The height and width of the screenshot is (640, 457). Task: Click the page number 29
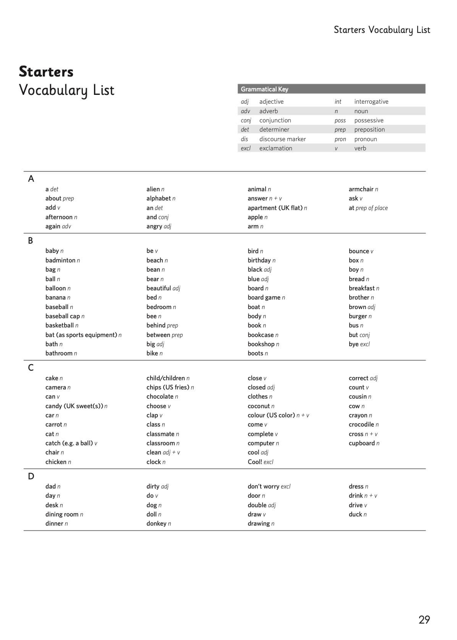[424, 620]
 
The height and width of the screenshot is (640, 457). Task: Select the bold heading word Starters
[46, 72]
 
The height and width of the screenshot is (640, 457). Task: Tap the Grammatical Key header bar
[331, 89]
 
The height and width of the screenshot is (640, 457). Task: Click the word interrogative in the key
[371, 101]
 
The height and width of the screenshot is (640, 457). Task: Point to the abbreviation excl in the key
[245, 148]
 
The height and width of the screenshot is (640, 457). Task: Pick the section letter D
[31, 476]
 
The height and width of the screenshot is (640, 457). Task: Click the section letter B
[31, 241]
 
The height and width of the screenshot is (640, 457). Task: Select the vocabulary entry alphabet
[159, 198]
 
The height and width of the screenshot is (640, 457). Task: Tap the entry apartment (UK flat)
[275, 208]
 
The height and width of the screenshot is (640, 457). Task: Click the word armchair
[361, 189]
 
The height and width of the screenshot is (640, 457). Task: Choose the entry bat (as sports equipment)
[81, 335]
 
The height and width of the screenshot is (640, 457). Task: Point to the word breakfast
[361, 288]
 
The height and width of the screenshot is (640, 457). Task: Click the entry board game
[264, 297]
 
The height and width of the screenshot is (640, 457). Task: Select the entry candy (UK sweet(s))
[74, 406]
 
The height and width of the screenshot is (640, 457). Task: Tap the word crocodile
[361, 424]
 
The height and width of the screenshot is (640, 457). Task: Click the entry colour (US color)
[271, 415]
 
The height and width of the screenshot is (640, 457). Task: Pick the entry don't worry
[263, 486]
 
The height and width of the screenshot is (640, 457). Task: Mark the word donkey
[156, 523]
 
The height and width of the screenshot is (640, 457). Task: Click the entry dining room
[62, 514]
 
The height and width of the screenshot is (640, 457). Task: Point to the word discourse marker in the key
[282, 139]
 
